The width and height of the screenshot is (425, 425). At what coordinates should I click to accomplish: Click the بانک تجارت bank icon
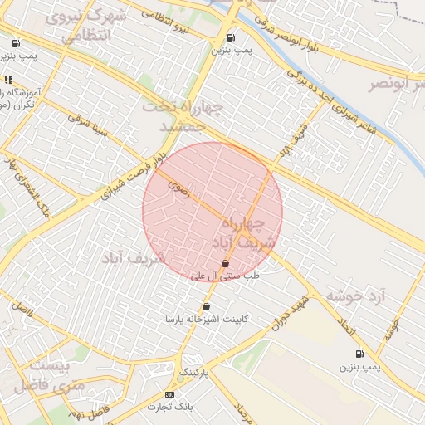(170, 394)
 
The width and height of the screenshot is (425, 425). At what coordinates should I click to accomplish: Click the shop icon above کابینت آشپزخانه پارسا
(206, 307)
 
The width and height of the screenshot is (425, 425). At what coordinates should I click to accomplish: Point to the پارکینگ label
(195, 371)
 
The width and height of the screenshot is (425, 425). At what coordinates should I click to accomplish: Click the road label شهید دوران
(294, 311)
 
